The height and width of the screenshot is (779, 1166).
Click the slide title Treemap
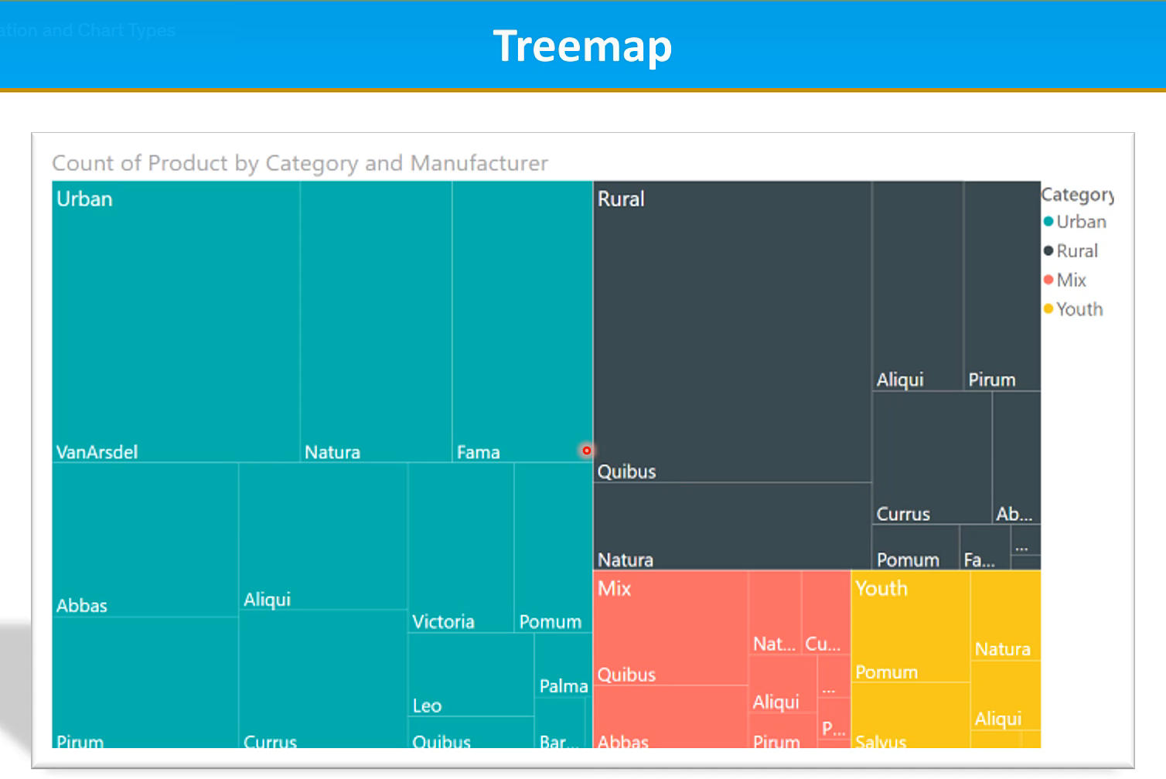pyautogui.click(x=582, y=46)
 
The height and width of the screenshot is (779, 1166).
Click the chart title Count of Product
pyautogui.click(x=299, y=163)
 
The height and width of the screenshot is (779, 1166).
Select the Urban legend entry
pyautogui.click(x=1080, y=222)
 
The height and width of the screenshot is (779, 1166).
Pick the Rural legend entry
pyautogui.click(x=1076, y=251)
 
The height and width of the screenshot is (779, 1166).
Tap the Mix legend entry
pyautogui.click(x=1071, y=280)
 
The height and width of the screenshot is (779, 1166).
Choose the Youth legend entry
pyautogui.click(x=1079, y=309)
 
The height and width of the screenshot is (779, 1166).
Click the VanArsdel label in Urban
pyautogui.click(x=97, y=452)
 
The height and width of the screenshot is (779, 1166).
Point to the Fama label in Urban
pyautogui.click(x=478, y=452)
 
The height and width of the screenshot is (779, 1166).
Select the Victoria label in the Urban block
pyautogui.click(x=443, y=622)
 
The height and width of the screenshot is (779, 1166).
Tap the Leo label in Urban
pyautogui.click(x=427, y=706)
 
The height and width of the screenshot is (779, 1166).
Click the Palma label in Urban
pyautogui.click(x=563, y=686)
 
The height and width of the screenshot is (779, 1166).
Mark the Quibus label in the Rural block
pyautogui.click(x=626, y=471)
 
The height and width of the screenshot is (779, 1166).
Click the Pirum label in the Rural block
pyautogui.click(x=991, y=379)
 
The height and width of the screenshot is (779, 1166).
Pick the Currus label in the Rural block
pyautogui.click(x=902, y=514)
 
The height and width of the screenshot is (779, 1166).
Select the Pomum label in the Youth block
pyautogui.click(x=886, y=672)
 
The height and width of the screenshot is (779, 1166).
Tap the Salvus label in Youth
pyautogui.click(x=880, y=742)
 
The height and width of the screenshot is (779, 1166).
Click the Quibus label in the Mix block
pyautogui.click(x=626, y=675)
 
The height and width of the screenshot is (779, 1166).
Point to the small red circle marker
pyautogui.click(x=587, y=451)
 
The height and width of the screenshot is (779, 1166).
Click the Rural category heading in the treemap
pyautogui.click(x=620, y=199)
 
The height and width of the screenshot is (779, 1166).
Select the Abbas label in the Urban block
pyautogui.click(x=81, y=606)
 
